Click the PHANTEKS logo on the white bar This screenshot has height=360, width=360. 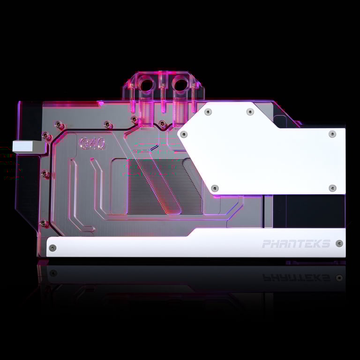(296, 244)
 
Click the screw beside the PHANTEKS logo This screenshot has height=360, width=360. (339, 244)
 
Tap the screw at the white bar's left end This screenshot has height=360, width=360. (52, 248)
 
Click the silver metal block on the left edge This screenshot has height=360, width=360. (28, 145)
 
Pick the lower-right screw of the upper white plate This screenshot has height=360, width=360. (332, 188)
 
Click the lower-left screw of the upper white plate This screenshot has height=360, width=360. (215, 188)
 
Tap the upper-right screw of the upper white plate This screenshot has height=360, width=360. (332, 134)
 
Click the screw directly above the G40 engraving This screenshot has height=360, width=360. (107, 124)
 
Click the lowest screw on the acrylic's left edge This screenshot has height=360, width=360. (45, 223)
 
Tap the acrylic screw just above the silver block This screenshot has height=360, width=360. (46, 135)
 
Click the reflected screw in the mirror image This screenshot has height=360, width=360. (339, 277)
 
